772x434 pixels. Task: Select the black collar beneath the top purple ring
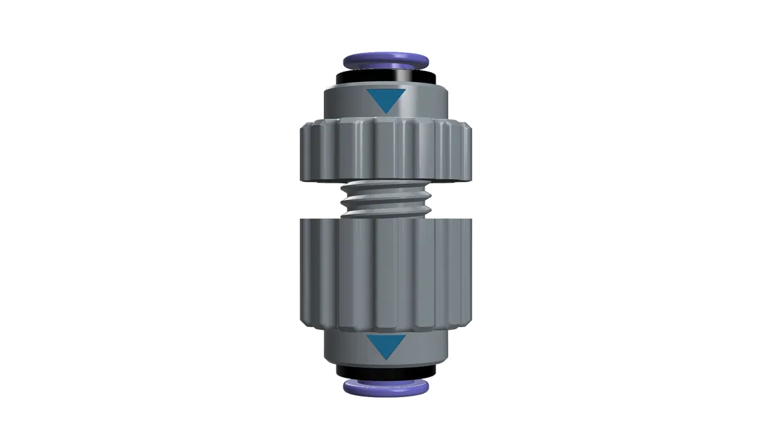[x=386, y=75]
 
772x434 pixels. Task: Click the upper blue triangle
[x=385, y=100]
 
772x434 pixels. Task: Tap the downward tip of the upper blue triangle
[x=385, y=112]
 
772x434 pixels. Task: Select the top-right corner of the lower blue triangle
[x=406, y=335]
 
